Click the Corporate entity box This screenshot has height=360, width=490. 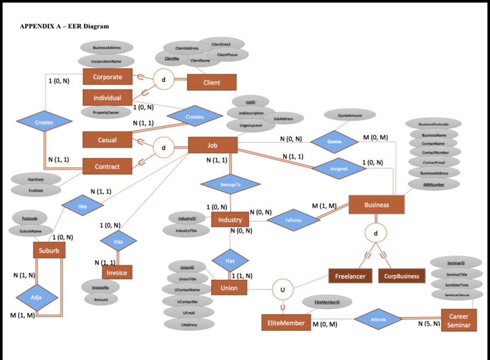(x=107, y=77)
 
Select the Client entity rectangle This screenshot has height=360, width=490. (x=212, y=82)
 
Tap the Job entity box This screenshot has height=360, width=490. (x=212, y=145)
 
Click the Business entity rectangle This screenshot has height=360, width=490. (x=377, y=205)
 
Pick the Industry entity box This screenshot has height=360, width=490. (x=230, y=220)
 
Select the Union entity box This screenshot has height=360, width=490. (x=229, y=288)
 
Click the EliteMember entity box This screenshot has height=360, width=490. (x=286, y=323)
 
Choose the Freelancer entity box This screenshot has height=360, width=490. (x=350, y=276)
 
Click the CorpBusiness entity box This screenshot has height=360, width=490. (x=401, y=276)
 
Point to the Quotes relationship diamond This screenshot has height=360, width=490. (x=334, y=142)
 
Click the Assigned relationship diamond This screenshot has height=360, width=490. (x=339, y=169)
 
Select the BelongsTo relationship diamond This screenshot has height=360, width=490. (x=231, y=184)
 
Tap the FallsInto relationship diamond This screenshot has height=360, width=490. (x=293, y=220)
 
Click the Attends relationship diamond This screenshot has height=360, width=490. (x=378, y=319)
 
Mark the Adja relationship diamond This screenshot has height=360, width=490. (x=36, y=297)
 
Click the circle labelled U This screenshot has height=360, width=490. (x=282, y=290)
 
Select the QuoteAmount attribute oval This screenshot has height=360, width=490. (x=350, y=115)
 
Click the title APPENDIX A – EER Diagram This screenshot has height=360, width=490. (x=64, y=26)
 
